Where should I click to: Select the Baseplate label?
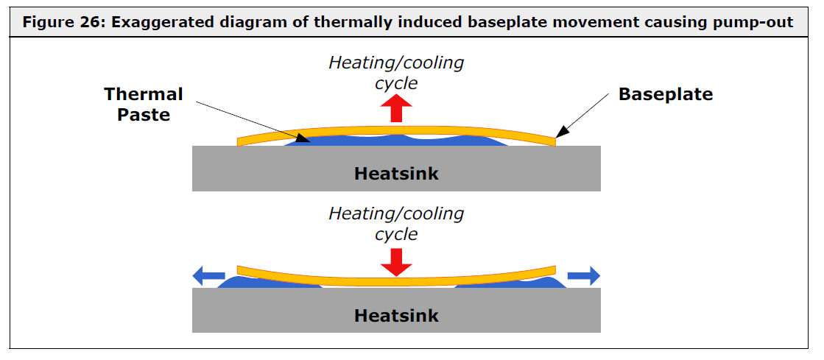coord(665,94)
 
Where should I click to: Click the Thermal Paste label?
coord(143,104)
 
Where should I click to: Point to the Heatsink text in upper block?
coord(396,174)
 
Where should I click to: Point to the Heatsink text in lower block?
coord(396,315)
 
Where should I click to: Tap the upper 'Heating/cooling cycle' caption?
coord(396,72)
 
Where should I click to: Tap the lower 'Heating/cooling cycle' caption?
coord(396,224)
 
